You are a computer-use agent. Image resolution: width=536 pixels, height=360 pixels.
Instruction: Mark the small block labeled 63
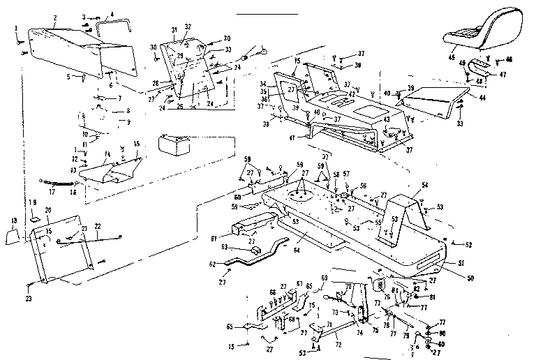coord(254,250)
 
